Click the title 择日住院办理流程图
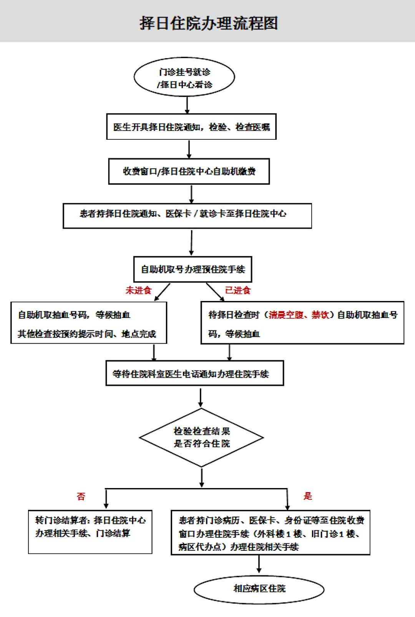tap(209, 23)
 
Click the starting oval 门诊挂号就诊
tap(184, 77)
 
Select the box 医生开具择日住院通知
tap(191, 127)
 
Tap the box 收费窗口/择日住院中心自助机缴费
tap(189, 171)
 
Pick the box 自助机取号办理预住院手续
tap(193, 269)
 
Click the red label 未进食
tap(138, 290)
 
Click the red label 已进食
tap(237, 290)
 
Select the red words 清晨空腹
tap(286, 315)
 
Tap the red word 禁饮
tap(320, 315)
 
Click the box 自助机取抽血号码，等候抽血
tap(89, 323)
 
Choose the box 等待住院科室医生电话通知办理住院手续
tap(195, 373)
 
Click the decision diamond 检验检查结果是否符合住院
tap(201, 438)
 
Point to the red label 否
tap(81, 496)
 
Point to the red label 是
tap(308, 496)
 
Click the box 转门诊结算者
tap(90, 532)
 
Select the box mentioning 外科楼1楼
tap(271, 533)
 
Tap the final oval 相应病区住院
tap(259, 589)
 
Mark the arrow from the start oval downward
tap(187, 105)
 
